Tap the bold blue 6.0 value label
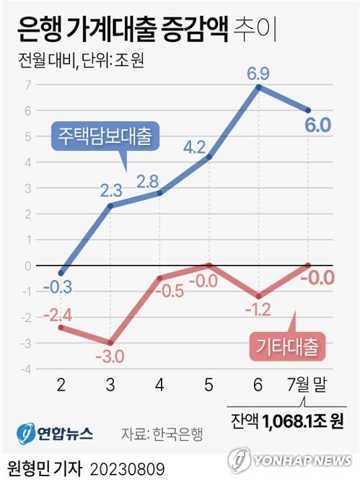point(317,125)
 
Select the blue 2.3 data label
point(112,191)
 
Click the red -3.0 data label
point(110,356)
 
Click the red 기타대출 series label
point(289,345)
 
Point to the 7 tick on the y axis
point(27,84)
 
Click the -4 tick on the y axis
point(25,369)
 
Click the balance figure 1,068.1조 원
point(300,420)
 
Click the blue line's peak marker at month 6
point(259,87)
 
